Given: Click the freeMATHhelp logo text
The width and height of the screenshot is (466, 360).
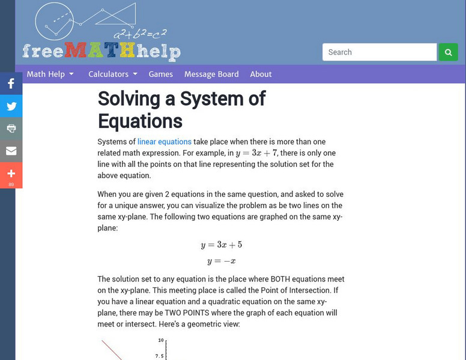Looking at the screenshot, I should click(x=101, y=51).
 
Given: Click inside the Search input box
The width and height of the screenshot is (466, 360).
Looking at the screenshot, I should click(x=379, y=52).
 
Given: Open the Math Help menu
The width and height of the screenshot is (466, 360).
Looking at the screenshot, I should click(x=50, y=74).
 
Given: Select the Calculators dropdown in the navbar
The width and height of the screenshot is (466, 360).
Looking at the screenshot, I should click(x=113, y=74).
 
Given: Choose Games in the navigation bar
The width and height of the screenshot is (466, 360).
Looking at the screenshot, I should click(x=160, y=74).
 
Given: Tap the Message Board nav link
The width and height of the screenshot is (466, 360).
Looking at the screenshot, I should click(x=211, y=74).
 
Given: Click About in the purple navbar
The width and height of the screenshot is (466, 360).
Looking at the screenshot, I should click(x=261, y=74).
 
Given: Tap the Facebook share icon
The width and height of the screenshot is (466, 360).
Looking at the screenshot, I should click(x=11, y=84).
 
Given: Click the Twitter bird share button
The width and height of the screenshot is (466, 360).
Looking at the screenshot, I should click(x=11, y=106).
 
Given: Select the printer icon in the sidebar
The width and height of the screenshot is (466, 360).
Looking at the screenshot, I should click(x=11, y=128).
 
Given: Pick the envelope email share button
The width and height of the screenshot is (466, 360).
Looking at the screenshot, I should click(x=11, y=151).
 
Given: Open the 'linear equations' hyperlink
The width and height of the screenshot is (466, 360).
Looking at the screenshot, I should click(x=165, y=142).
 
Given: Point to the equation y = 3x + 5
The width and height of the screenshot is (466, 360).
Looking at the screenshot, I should click(x=221, y=245).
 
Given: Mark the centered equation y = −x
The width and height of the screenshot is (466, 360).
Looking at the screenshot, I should click(x=221, y=261).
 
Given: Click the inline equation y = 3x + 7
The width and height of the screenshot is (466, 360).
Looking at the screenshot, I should click(x=256, y=154).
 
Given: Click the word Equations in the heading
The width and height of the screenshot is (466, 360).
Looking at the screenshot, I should click(x=140, y=121).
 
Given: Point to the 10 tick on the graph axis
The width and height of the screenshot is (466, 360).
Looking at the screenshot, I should click(x=160, y=340).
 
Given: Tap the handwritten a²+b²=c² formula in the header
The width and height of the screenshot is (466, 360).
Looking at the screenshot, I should click(x=141, y=34).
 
